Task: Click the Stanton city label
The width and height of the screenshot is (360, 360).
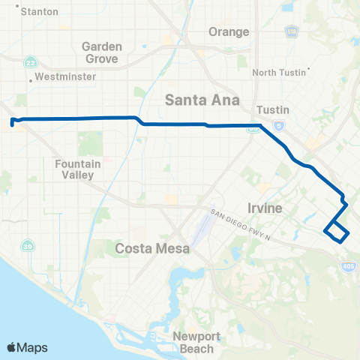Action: tap(41, 12)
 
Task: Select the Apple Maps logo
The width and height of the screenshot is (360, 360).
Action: tap(27, 347)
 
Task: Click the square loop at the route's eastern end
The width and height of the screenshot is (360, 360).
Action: tap(336, 232)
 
